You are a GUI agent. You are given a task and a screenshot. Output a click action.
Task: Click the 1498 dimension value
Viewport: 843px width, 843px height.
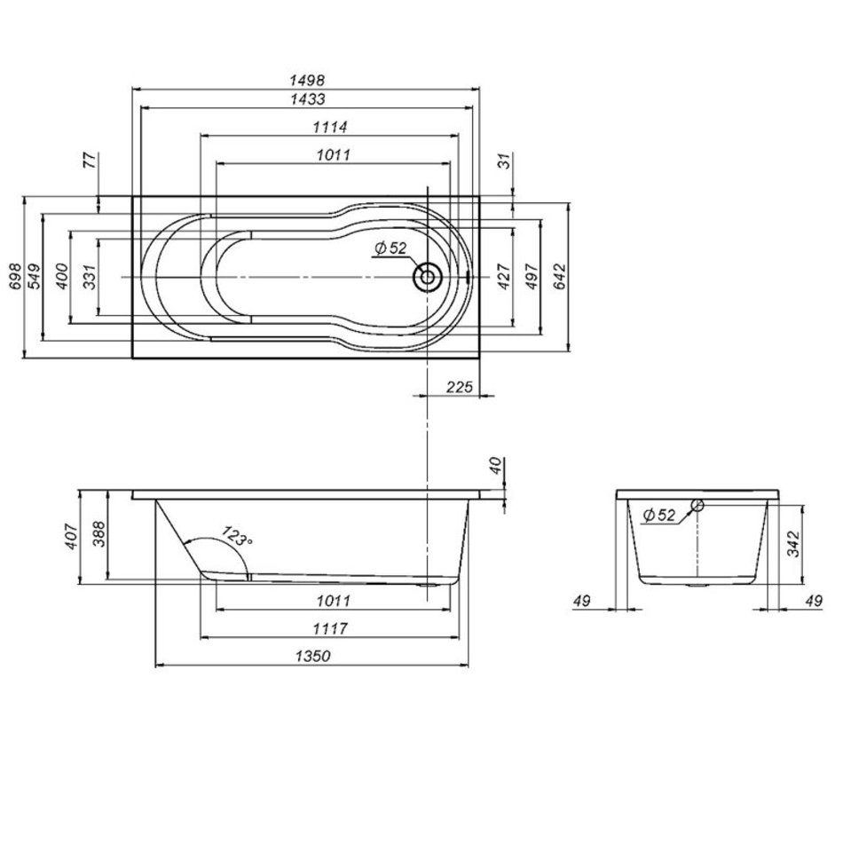(307, 80)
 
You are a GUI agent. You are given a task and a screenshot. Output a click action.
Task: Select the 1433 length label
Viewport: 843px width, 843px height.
(307, 98)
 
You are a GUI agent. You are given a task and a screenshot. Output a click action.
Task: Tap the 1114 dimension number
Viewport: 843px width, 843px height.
(330, 127)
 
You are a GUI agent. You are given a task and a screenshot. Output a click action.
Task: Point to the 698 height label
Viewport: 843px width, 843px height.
(16, 276)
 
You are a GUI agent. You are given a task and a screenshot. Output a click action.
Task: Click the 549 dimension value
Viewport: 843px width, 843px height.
(34, 276)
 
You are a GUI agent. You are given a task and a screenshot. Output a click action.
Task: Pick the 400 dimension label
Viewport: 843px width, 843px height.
(62, 276)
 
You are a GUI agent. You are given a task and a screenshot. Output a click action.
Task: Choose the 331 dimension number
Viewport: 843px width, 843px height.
(90, 276)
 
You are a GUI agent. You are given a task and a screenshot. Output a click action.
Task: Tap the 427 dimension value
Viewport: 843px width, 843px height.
(504, 276)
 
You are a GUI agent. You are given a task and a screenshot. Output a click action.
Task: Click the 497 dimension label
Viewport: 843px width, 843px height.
(532, 276)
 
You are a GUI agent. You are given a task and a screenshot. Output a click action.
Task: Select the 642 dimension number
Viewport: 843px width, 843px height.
(560, 276)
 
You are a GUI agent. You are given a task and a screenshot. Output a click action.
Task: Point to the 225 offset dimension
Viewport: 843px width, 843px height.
(459, 387)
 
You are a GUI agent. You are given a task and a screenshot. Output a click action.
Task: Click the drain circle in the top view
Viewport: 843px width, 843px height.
(428, 277)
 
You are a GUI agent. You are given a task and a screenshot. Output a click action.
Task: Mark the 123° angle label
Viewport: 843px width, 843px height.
(237, 536)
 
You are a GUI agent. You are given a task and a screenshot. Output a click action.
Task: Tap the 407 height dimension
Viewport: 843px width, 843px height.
(72, 536)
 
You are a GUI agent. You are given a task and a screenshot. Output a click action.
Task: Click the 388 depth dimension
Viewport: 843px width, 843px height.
(99, 536)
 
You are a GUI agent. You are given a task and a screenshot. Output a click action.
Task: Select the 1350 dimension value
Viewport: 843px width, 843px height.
(313, 656)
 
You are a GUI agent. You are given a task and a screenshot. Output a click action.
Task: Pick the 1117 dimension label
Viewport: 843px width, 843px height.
(330, 628)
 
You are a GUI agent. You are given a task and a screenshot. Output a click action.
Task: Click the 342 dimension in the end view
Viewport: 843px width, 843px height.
(793, 544)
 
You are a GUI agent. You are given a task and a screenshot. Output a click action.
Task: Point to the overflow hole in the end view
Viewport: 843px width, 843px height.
(697, 505)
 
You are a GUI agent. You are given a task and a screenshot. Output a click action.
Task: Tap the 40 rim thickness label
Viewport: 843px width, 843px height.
(496, 465)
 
